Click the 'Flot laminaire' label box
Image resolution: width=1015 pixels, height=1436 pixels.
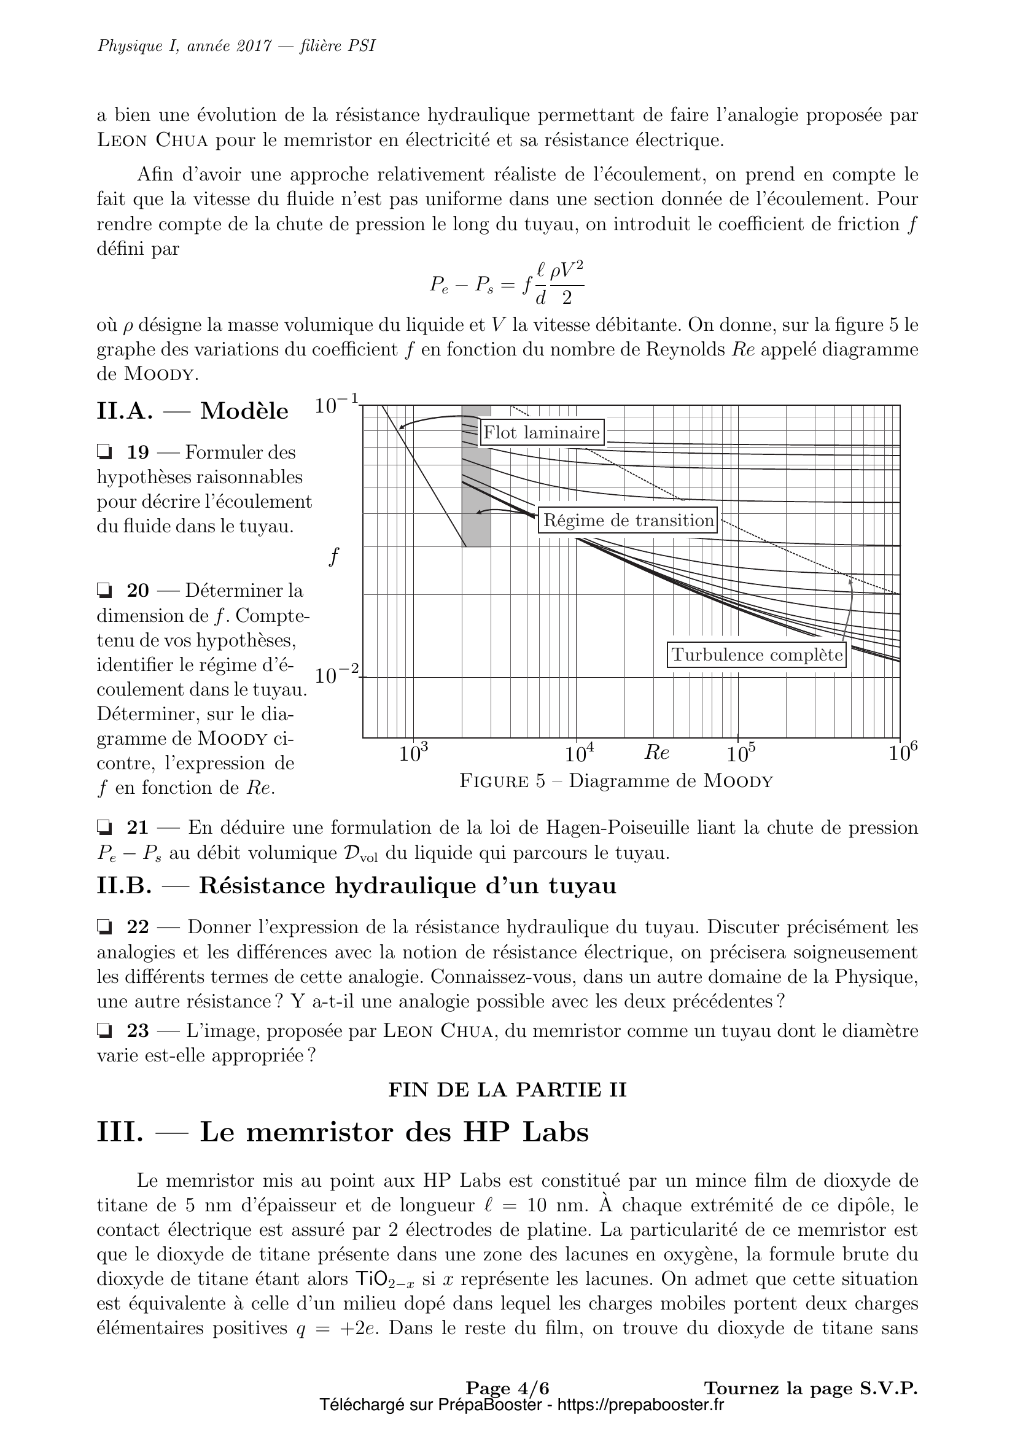542,433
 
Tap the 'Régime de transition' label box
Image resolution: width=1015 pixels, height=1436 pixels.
628,521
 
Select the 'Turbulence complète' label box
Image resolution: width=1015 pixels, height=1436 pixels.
756,655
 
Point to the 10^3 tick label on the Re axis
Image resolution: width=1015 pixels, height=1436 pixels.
413,754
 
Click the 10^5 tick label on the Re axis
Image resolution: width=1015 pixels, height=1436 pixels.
742,754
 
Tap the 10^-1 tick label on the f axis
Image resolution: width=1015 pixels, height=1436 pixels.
338,406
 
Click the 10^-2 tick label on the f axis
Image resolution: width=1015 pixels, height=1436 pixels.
338,676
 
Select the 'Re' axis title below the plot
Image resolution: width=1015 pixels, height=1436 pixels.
656,753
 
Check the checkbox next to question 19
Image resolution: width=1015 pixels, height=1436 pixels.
104,452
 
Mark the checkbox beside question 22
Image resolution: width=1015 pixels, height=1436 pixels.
104,927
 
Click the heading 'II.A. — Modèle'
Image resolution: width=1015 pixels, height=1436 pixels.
193,411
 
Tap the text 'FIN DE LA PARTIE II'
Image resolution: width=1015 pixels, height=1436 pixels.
507,1090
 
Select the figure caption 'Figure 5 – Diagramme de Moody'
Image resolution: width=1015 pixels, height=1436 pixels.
616,781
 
